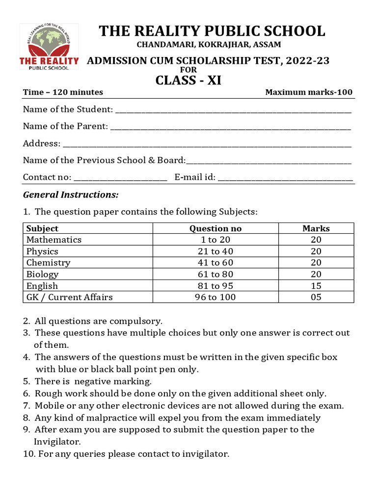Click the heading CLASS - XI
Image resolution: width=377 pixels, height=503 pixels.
188,80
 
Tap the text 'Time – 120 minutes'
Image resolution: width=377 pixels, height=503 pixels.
63,92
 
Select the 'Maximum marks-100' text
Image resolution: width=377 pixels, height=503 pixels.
308,92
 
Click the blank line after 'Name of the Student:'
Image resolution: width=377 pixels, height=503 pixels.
233,111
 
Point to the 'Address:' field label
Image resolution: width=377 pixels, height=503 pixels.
42,143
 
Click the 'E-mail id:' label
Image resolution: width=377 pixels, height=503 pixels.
195,177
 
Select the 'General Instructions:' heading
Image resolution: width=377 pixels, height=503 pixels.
71,195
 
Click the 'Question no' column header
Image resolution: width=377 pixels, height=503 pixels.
215,228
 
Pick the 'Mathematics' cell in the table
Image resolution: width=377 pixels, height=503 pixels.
54,240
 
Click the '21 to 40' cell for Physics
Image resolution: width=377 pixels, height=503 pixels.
215,251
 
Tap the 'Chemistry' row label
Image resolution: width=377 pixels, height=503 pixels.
48,263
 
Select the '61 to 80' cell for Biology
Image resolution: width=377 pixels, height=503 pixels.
215,274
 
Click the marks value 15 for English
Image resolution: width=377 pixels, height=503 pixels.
316,286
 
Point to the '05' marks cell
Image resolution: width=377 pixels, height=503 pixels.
316,297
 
